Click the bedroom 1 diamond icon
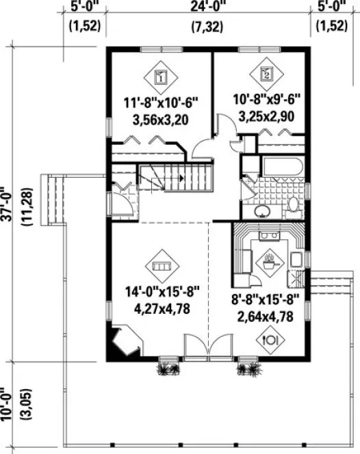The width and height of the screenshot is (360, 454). [x=159, y=77]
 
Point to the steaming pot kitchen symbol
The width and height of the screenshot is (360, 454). [x=268, y=260]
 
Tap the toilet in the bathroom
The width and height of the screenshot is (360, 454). [x=293, y=204]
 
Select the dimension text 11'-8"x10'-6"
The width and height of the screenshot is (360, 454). [x=160, y=104]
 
